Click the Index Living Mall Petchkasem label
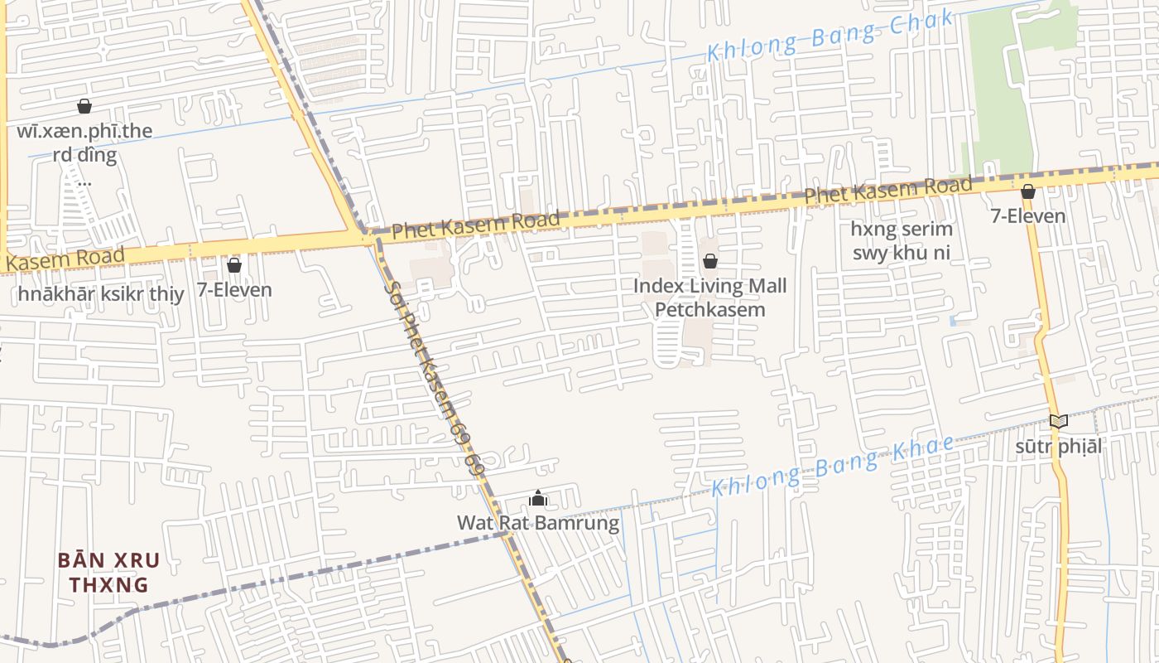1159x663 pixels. click(x=709, y=298)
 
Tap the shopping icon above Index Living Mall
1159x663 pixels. click(x=709, y=262)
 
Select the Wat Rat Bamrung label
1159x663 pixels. click(x=538, y=523)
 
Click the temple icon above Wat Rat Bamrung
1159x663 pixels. click(x=538, y=499)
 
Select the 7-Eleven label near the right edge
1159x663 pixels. click(x=1028, y=216)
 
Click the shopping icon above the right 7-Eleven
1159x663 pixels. click(x=1028, y=192)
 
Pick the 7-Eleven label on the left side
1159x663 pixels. click(x=234, y=290)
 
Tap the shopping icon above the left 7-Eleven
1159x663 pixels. click(x=234, y=265)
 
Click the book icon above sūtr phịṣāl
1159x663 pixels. click(x=1058, y=421)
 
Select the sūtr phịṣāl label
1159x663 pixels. click(x=1058, y=447)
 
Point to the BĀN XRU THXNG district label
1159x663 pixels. click(x=108, y=572)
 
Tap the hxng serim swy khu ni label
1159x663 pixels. click(x=902, y=240)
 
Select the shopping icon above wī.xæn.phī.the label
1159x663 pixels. click(x=84, y=106)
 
